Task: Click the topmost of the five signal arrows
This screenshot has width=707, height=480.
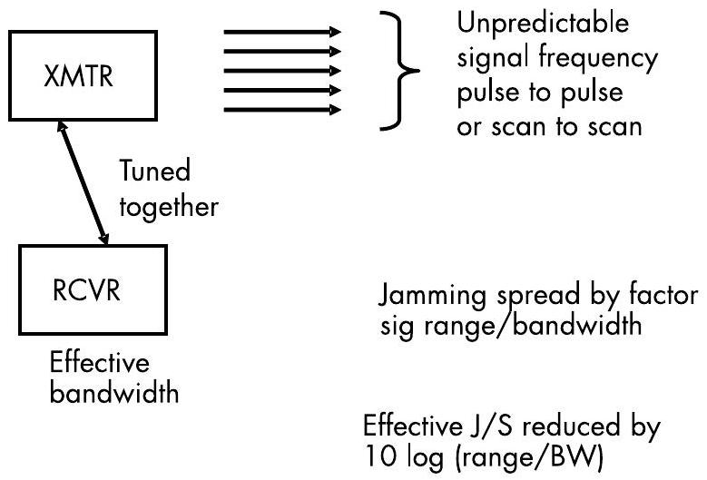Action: coord(280,31)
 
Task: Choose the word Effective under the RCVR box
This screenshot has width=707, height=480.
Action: coord(99,362)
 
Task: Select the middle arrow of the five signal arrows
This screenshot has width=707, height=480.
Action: coord(280,71)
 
